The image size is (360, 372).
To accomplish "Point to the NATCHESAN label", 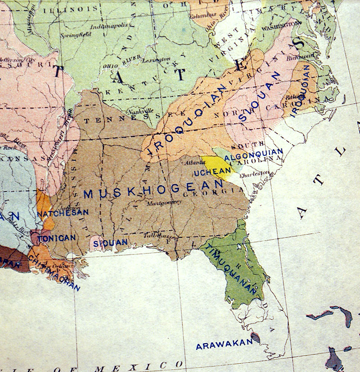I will tap(63, 212).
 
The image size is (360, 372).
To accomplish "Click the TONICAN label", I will tap(56, 238).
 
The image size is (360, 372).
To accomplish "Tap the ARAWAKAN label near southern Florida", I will tap(223, 344).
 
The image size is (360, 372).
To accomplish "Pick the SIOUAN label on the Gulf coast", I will tap(111, 242).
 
